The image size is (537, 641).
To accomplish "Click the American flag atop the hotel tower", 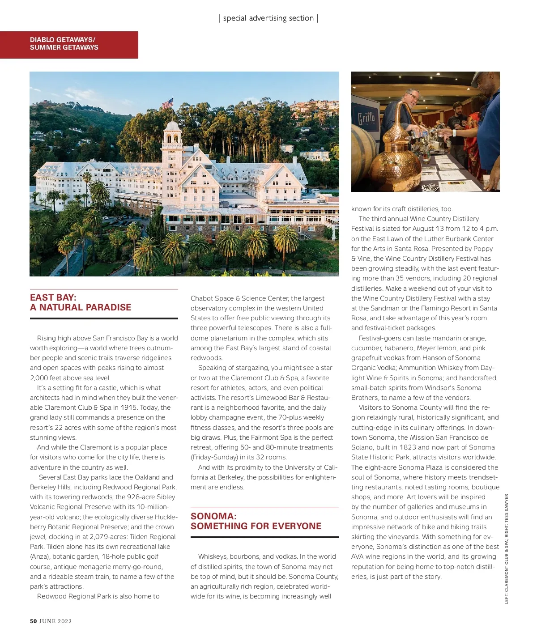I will pyautogui.click(x=167, y=104).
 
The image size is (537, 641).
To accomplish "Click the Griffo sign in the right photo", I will pyautogui.click(x=366, y=120).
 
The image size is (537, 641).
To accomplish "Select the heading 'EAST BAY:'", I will pyautogui.click(x=53, y=297).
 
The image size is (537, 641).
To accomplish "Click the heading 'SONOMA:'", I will pyautogui.click(x=213, y=516).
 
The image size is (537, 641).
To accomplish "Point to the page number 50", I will pyautogui.click(x=34, y=621).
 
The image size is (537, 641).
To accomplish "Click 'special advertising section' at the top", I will pyautogui.click(x=268, y=18).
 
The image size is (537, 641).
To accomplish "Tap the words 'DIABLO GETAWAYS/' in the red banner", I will pyautogui.click(x=63, y=40).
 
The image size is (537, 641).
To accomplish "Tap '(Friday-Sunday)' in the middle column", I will pyautogui.click(x=214, y=457).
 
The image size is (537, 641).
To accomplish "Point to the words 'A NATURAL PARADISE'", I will pyautogui.click(x=81, y=307).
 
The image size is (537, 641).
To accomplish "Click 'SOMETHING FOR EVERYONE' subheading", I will pyautogui.click(x=256, y=526).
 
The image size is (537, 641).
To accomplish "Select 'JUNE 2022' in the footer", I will pyautogui.click(x=55, y=621).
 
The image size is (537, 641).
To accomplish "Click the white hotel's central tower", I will pyautogui.click(x=172, y=148).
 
